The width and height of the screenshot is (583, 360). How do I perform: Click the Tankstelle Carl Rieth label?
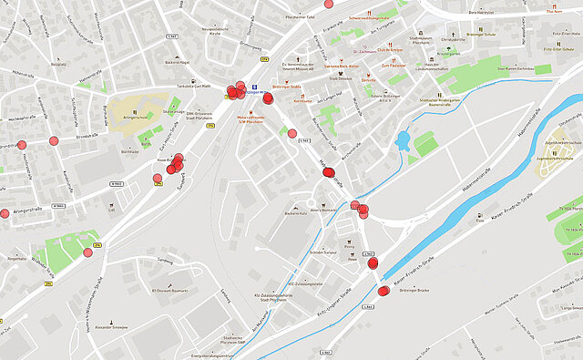(x=192, y=87)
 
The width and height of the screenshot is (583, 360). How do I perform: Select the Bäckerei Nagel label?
(x=177, y=62)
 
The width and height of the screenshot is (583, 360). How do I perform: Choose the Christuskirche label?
(x=453, y=40)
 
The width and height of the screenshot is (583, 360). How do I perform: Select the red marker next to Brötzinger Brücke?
(x=384, y=291)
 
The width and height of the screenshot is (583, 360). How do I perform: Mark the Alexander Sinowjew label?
(x=113, y=326)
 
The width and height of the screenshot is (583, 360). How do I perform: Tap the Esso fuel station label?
(x=480, y=220)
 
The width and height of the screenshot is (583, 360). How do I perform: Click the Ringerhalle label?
(x=17, y=259)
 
